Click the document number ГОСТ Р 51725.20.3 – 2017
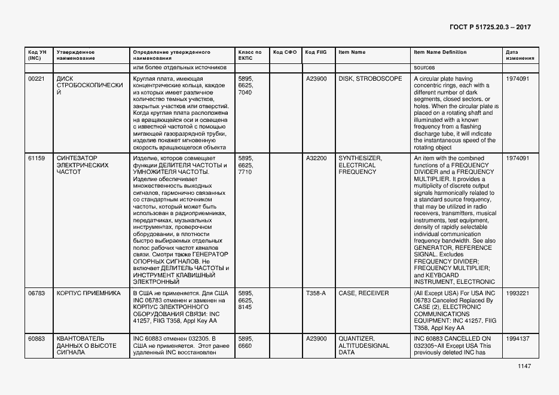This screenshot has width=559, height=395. coord(490,27)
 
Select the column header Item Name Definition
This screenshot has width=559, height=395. coord(440,53)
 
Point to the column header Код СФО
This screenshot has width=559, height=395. coord(285,53)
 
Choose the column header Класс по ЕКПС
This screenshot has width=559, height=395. coord(250,56)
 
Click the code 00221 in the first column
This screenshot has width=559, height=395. coord(36,79)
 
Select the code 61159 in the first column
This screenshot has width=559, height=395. coord(36,158)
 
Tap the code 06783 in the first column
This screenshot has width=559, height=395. coord(36,293)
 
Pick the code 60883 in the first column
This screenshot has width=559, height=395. coord(36,339)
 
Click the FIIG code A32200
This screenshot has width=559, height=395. coord(316,158)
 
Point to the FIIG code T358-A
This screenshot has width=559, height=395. coord(316,293)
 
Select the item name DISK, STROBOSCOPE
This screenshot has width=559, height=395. coord(370,79)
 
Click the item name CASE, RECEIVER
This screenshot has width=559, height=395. coord(363,293)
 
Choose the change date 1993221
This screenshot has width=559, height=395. coord(517,293)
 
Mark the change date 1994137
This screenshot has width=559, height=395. coord(517,339)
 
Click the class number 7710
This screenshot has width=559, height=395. coord(245,172)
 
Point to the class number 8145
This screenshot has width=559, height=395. coord(245,307)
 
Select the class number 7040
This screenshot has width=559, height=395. coord(245,93)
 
